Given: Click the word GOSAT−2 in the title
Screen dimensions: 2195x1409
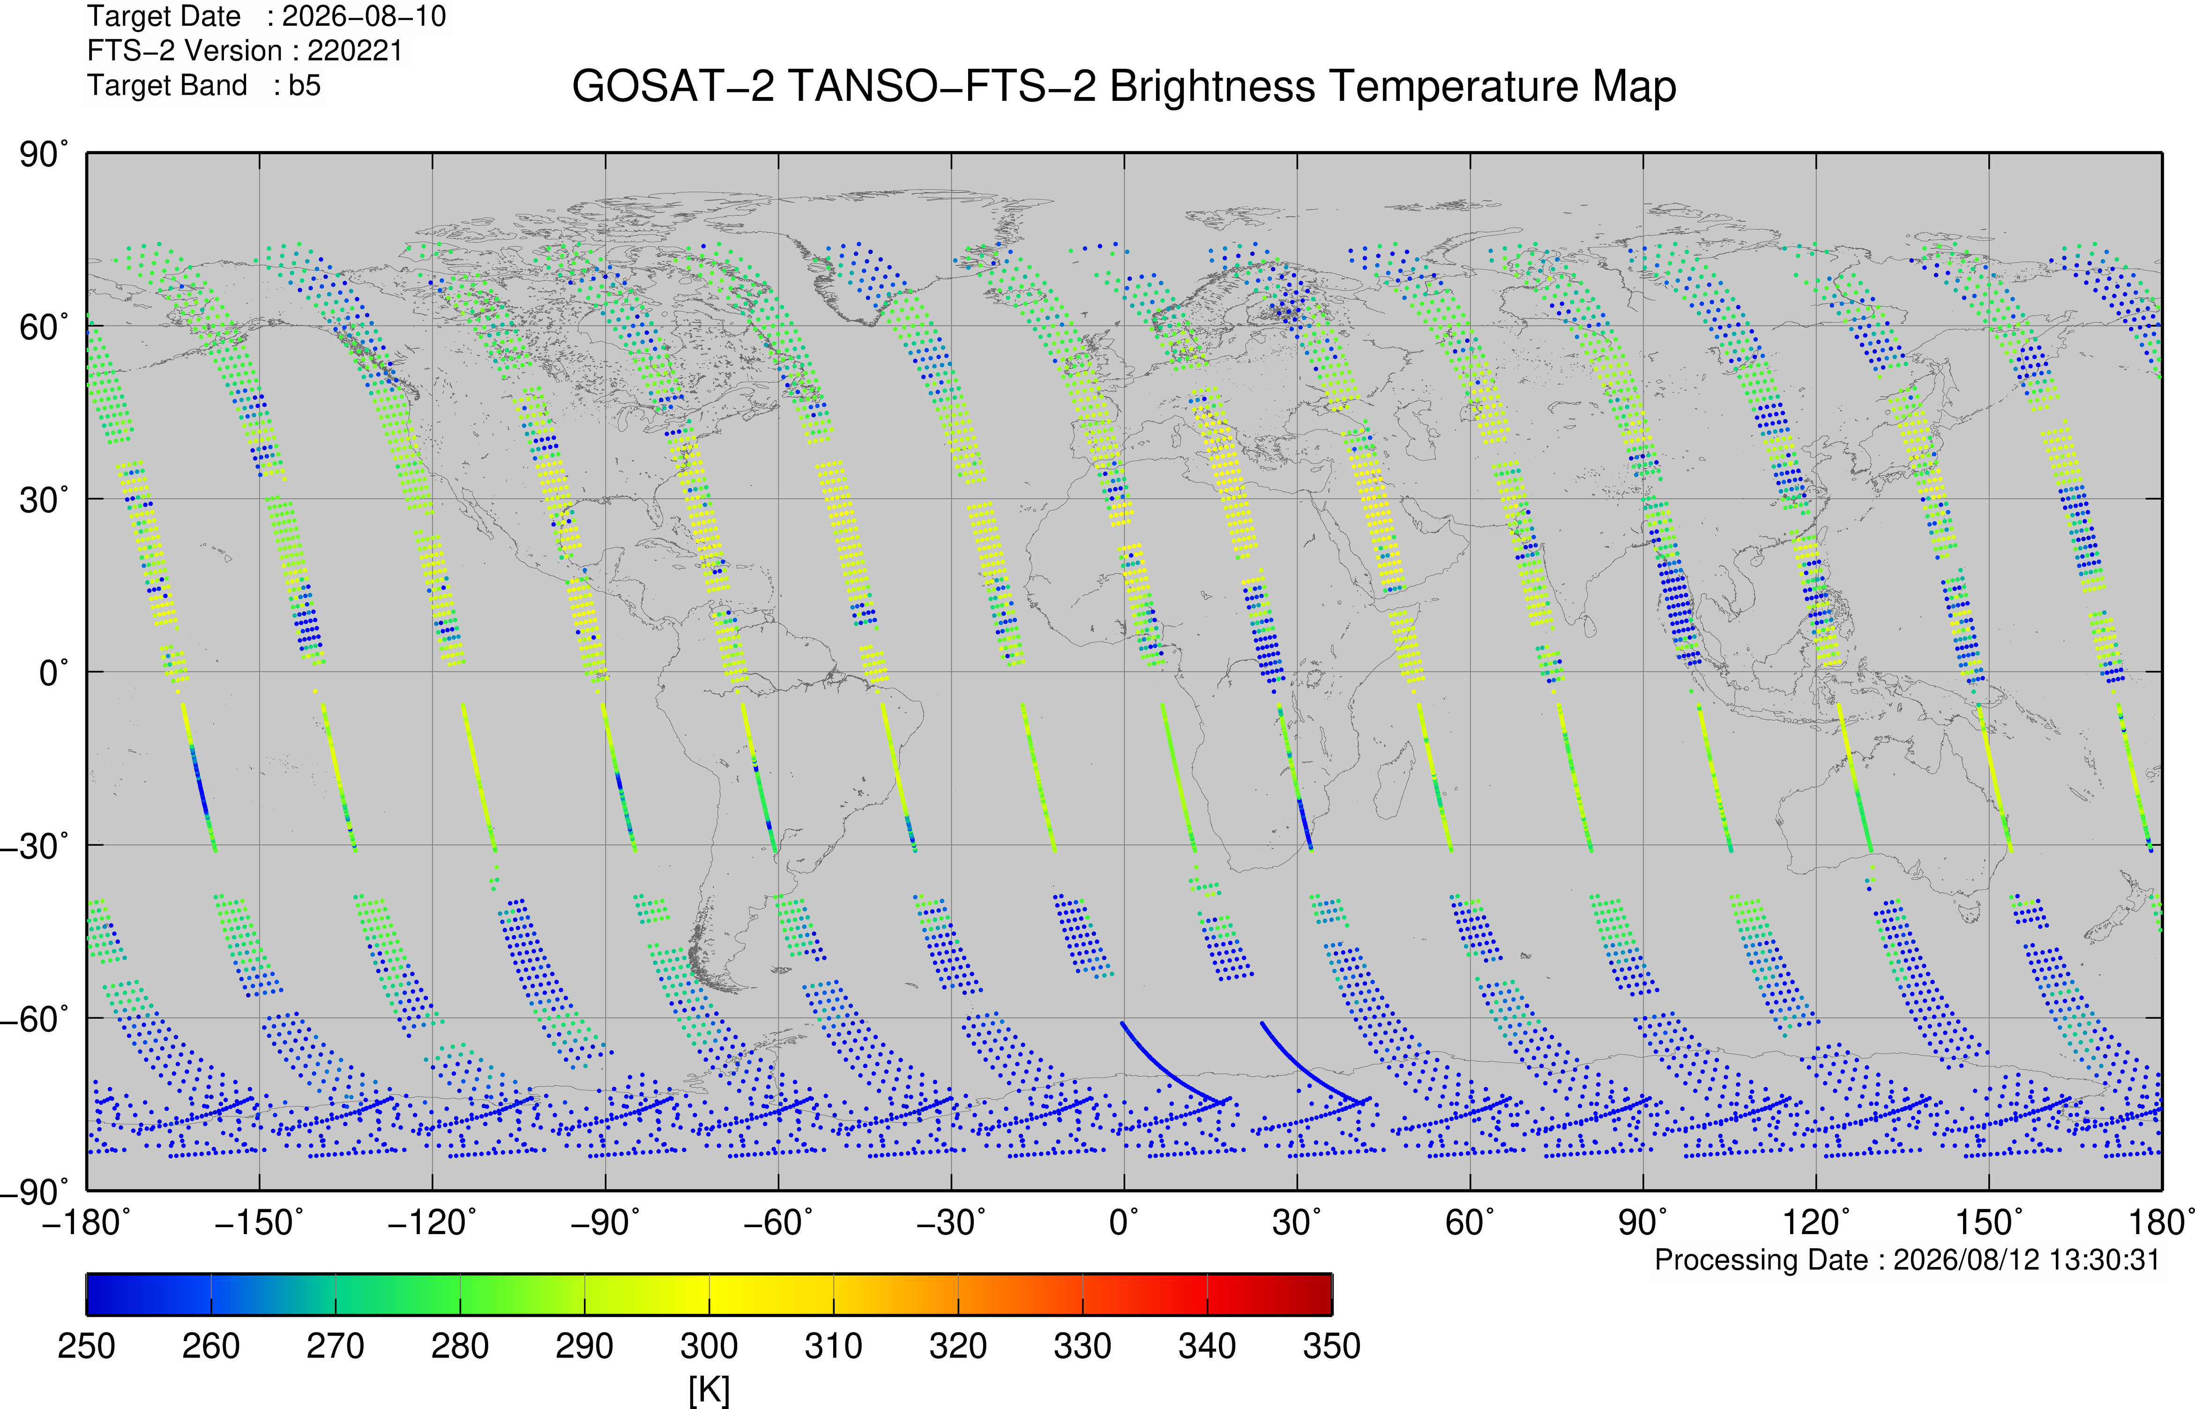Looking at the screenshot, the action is tap(673, 87).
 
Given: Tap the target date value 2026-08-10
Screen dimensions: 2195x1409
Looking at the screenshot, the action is tap(364, 16).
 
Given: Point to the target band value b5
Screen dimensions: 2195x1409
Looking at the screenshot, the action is tap(305, 85).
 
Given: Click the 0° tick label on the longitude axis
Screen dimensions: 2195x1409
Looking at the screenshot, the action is tap(1124, 1222).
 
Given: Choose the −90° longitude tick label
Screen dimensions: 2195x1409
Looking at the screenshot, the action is tap(605, 1222).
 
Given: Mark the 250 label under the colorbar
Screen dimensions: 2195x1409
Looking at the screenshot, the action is tap(87, 1347).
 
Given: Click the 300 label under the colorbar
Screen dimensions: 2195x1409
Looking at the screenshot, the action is tap(709, 1347).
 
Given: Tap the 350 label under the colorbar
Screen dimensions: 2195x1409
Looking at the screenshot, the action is tap(1332, 1347).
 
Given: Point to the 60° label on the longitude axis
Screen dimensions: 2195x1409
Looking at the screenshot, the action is tap(1471, 1222).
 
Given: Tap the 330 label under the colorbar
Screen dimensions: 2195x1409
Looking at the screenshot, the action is tap(1083, 1347).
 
